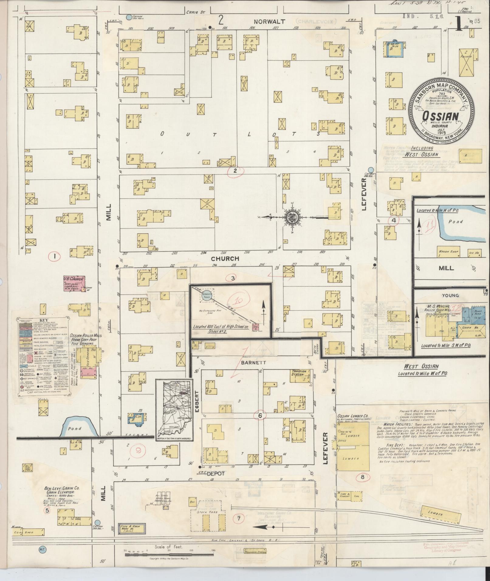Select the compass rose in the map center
coord(292,217)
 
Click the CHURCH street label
coord(225,259)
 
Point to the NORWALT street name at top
coord(269,22)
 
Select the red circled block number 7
coord(238,518)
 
